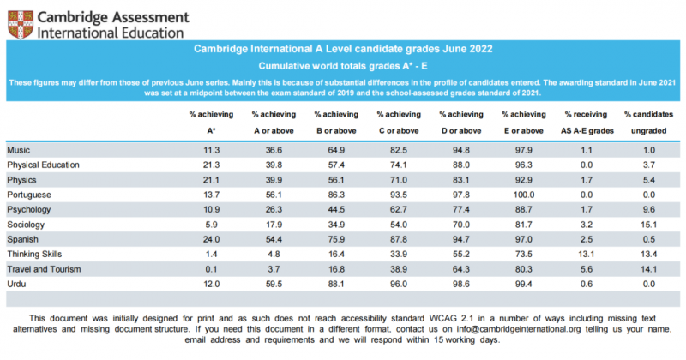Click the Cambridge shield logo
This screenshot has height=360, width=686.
(x=20, y=25)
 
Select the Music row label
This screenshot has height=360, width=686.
(x=18, y=150)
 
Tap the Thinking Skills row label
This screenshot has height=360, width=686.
(x=34, y=255)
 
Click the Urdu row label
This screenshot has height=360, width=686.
(x=16, y=284)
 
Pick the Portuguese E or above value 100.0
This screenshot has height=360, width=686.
(x=524, y=195)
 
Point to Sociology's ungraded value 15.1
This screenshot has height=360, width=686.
(x=649, y=225)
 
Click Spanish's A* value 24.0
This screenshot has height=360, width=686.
(x=211, y=239)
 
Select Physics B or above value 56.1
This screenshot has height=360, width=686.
(x=336, y=180)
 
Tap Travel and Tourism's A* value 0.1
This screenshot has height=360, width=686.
(x=211, y=269)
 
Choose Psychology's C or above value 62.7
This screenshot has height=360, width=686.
(x=399, y=209)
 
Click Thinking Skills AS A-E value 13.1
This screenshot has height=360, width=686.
(x=587, y=255)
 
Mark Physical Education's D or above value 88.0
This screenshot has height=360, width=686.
(x=461, y=165)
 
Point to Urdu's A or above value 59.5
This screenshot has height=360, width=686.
(x=274, y=284)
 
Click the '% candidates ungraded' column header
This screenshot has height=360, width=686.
(x=649, y=123)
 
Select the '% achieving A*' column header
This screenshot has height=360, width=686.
(x=211, y=123)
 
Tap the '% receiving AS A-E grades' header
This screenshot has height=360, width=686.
(x=587, y=123)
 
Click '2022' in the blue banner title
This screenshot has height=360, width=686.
(x=481, y=49)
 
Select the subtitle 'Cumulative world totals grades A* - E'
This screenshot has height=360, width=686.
(x=343, y=66)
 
